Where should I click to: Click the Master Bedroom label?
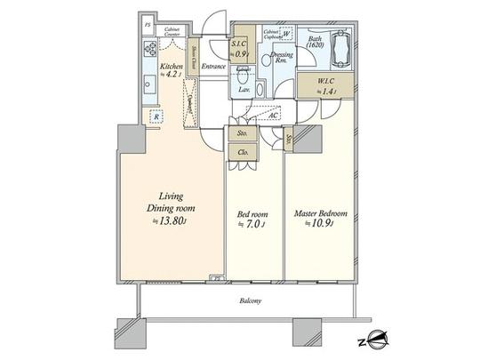(321, 213)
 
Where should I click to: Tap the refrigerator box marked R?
(155, 116)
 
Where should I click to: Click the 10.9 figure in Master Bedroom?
(323, 227)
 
